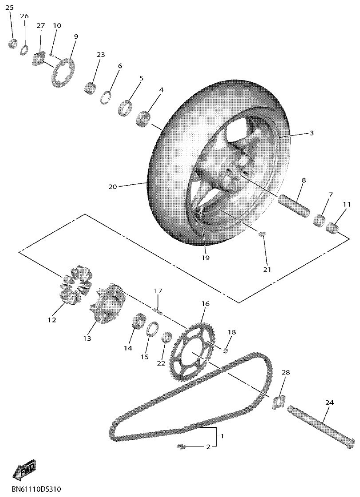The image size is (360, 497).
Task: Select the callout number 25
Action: point(9,8)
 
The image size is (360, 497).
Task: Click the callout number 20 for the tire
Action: point(112,187)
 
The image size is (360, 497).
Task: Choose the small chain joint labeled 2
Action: point(180,446)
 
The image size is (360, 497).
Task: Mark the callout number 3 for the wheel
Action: point(312,133)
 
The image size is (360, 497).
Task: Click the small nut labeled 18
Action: point(226,351)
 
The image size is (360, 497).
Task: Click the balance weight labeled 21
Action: point(262,234)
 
